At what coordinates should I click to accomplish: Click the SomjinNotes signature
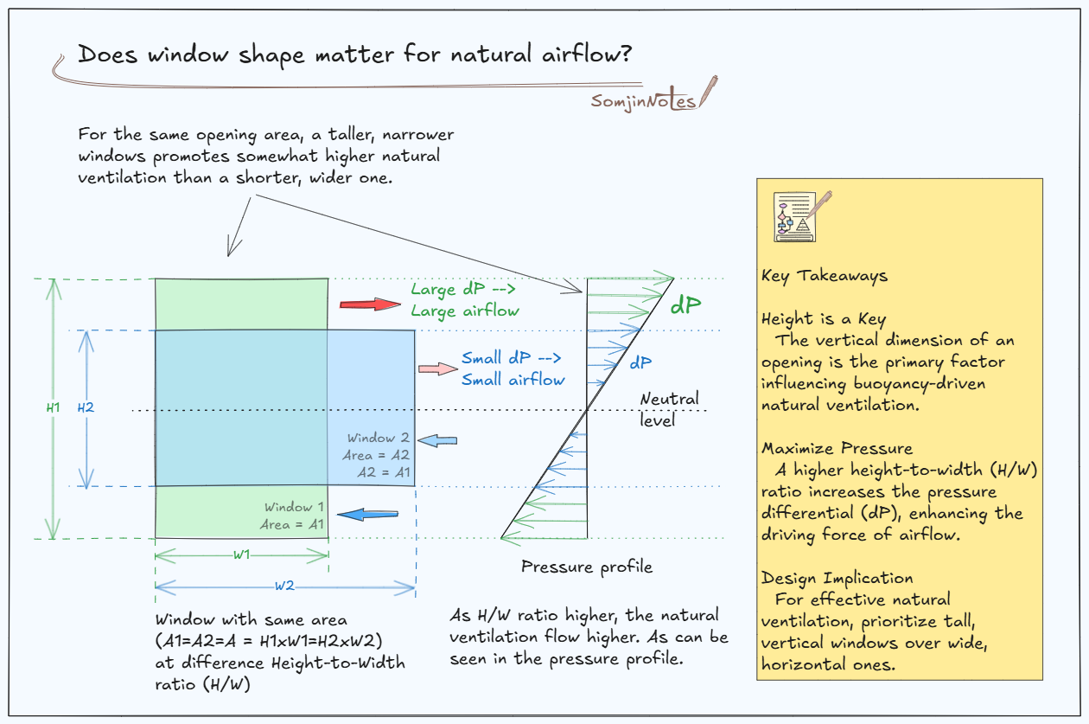click(644, 100)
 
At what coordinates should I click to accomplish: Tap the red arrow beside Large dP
click(370, 304)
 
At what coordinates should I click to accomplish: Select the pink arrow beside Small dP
click(437, 368)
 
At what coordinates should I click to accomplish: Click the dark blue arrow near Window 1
click(361, 515)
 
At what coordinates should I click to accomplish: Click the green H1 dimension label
click(54, 406)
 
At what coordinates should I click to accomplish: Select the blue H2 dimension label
click(85, 407)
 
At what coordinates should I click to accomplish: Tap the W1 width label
click(241, 554)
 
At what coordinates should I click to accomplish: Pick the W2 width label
click(284, 586)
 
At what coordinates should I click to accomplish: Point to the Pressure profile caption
click(587, 567)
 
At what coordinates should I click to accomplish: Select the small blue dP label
click(640, 363)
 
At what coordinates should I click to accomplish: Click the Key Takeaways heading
click(824, 276)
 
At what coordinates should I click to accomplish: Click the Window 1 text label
click(294, 507)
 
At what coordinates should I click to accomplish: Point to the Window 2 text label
click(379, 438)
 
